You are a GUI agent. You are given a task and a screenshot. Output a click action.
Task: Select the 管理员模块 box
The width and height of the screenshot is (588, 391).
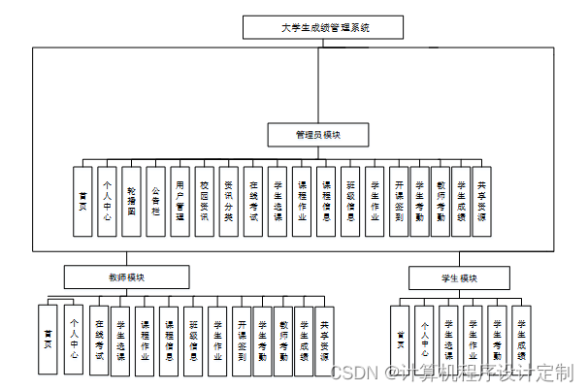(318, 134)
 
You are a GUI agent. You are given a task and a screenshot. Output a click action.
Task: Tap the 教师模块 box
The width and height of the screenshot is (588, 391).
(125, 277)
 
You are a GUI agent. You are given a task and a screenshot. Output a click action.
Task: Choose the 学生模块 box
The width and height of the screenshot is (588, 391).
(458, 278)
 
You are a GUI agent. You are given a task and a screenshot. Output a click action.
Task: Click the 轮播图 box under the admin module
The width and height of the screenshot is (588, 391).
(132, 201)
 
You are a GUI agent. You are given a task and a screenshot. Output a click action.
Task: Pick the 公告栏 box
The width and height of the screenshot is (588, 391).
(156, 201)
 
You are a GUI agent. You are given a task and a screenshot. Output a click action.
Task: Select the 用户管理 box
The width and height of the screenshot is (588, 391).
(180, 201)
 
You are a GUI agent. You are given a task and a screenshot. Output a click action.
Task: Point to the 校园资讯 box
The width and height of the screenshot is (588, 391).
(205, 201)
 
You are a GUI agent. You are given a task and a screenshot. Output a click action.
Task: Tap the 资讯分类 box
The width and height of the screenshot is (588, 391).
(229, 201)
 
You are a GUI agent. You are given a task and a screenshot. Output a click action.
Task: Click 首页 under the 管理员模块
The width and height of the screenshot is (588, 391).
(83, 201)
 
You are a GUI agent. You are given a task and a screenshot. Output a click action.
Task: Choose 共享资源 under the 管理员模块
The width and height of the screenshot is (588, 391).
(481, 201)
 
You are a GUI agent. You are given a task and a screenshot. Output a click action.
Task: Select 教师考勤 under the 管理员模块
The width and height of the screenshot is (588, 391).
(442, 201)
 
